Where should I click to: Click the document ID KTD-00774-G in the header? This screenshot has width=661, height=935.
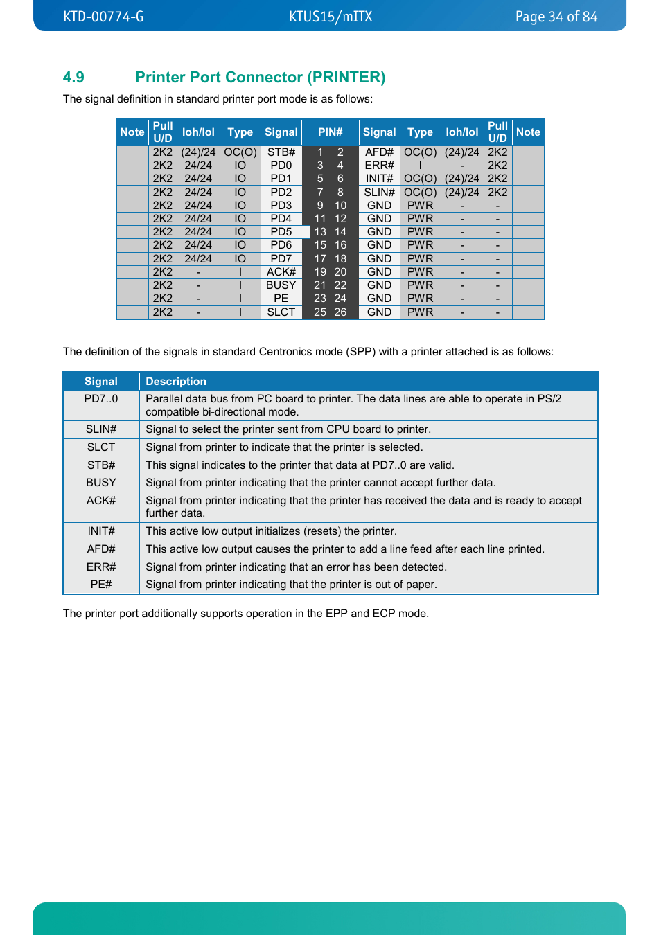[103, 17]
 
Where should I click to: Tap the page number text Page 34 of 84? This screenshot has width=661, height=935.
[556, 17]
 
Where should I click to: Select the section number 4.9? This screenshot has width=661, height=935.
[73, 77]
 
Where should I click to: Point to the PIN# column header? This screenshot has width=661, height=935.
[330, 132]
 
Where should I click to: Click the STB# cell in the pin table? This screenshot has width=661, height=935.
[281, 152]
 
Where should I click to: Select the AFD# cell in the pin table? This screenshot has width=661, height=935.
[379, 152]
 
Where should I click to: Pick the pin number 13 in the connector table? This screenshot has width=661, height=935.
[320, 231]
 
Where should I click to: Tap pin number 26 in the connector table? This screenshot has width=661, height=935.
[340, 312]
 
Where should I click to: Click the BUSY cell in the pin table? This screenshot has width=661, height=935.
[281, 285]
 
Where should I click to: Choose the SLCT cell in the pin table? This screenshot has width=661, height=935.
[281, 312]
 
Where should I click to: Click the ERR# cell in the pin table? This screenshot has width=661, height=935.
[379, 165]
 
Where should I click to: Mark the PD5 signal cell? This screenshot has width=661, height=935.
[281, 231]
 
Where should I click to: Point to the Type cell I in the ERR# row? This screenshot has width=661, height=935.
[420, 165]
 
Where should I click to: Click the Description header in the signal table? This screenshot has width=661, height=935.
[176, 381]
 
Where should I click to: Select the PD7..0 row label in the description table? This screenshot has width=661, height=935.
[101, 398]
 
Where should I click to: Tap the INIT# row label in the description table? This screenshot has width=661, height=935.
[101, 531]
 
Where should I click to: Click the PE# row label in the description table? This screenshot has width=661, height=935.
[101, 584]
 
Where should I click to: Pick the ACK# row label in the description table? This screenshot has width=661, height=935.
[101, 500]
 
